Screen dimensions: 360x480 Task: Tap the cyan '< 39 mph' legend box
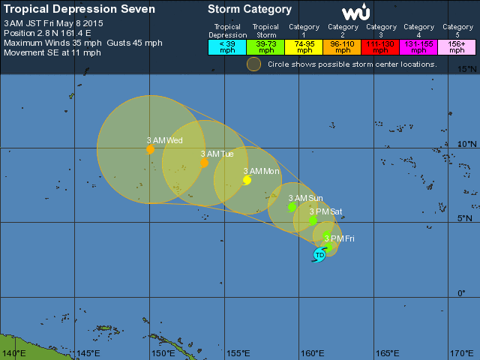click(x=226, y=46)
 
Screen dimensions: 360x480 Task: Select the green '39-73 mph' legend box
click(x=266, y=46)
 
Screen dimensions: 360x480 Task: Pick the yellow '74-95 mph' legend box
click(x=304, y=46)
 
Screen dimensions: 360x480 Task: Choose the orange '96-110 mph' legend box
click(x=343, y=46)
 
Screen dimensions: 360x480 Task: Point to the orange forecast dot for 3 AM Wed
click(x=151, y=149)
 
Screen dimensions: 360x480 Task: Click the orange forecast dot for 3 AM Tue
click(x=204, y=162)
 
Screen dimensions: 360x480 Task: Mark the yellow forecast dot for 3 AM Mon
click(x=247, y=179)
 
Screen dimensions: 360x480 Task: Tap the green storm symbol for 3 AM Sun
click(x=292, y=207)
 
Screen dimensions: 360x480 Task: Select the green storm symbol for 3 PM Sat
click(x=313, y=220)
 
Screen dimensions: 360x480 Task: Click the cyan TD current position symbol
click(x=319, y=255)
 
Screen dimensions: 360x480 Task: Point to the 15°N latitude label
click(x=467, y=69)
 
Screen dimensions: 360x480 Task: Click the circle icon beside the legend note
click(x=254, y=64)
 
